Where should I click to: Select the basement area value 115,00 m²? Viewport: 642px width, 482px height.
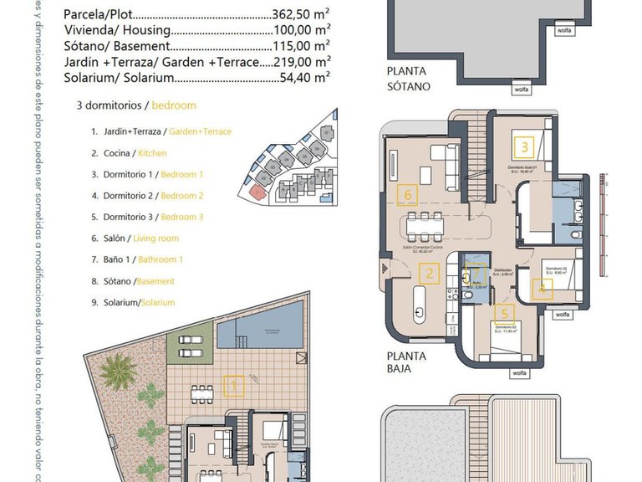301,47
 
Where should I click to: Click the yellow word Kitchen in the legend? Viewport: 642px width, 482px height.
152,153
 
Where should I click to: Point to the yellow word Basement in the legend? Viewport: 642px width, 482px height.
155,281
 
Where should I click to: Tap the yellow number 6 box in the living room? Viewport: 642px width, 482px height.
407,195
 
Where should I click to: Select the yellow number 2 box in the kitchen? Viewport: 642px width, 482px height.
429,273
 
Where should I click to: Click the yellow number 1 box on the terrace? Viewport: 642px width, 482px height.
235,386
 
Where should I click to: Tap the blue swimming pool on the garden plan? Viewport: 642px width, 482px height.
260,325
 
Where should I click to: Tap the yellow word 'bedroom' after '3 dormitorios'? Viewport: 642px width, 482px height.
175,105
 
